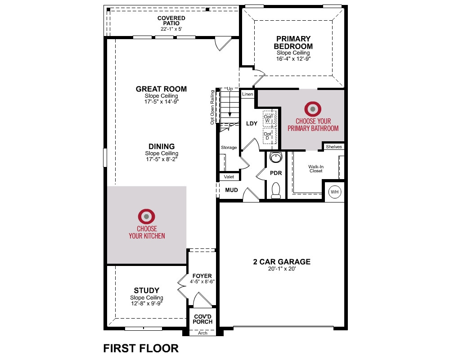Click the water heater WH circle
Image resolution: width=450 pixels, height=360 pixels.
pos(335,192)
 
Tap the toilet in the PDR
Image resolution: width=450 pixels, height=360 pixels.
pos(276,190)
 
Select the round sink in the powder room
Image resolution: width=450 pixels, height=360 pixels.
pos(276,157)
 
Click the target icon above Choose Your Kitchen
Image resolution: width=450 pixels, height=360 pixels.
pos(146,216)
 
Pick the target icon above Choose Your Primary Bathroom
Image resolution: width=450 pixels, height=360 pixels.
pos(313,109)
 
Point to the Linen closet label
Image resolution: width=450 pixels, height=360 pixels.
pos(247,94)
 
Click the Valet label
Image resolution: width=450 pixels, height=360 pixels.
pos(229,177)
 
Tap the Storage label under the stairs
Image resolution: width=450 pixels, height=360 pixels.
pos(229,148)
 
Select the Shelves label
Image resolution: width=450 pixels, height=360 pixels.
pos(334,147)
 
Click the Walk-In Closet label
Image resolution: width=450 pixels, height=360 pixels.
pos(316,168)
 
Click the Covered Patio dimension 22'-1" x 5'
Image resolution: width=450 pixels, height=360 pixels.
pos(171,29)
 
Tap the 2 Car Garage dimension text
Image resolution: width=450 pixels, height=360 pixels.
pos(282,269)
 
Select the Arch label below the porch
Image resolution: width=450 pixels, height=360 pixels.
pos(202,333)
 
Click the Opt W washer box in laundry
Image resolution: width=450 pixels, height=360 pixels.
pos(270,118)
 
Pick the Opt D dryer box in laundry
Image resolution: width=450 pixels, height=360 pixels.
pos(270,136)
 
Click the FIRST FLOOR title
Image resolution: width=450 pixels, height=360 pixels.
pos(141,348)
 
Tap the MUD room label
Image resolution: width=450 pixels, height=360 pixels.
pos(231,190)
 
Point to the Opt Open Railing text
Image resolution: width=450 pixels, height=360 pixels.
pos(212,108)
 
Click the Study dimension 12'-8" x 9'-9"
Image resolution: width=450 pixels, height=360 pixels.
pos(147,303)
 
